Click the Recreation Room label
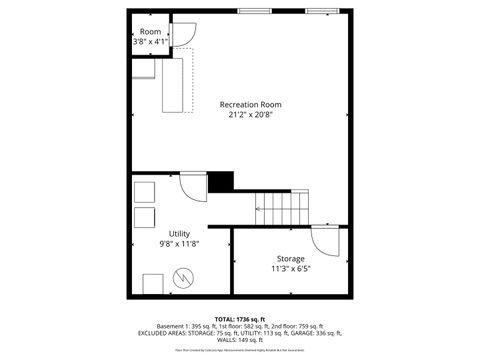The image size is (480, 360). [x=250, y=104]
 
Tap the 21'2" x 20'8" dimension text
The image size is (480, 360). [x=250, y=114]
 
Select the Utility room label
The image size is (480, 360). [x=179, y=233]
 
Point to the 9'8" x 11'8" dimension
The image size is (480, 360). [x=179, y=243]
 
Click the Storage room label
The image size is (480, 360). [x=291, y=258]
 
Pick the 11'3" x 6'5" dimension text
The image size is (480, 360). [x=291, y=268]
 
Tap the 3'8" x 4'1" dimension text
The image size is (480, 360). [x=150, y=42]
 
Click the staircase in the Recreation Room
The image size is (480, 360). [x=284, y=207]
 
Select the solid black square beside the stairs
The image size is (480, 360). [x=220, y=181]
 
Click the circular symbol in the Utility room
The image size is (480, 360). [x=183, y=277]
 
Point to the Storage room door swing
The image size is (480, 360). [x=326, y=241]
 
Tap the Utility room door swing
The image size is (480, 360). [x=193, y=187]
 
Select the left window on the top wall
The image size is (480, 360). [x=254, y=11]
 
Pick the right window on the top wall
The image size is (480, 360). [x=321, y=11]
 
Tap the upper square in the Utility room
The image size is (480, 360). [x=145, y=192]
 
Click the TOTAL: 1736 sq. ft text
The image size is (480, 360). [x=240, y=318]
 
